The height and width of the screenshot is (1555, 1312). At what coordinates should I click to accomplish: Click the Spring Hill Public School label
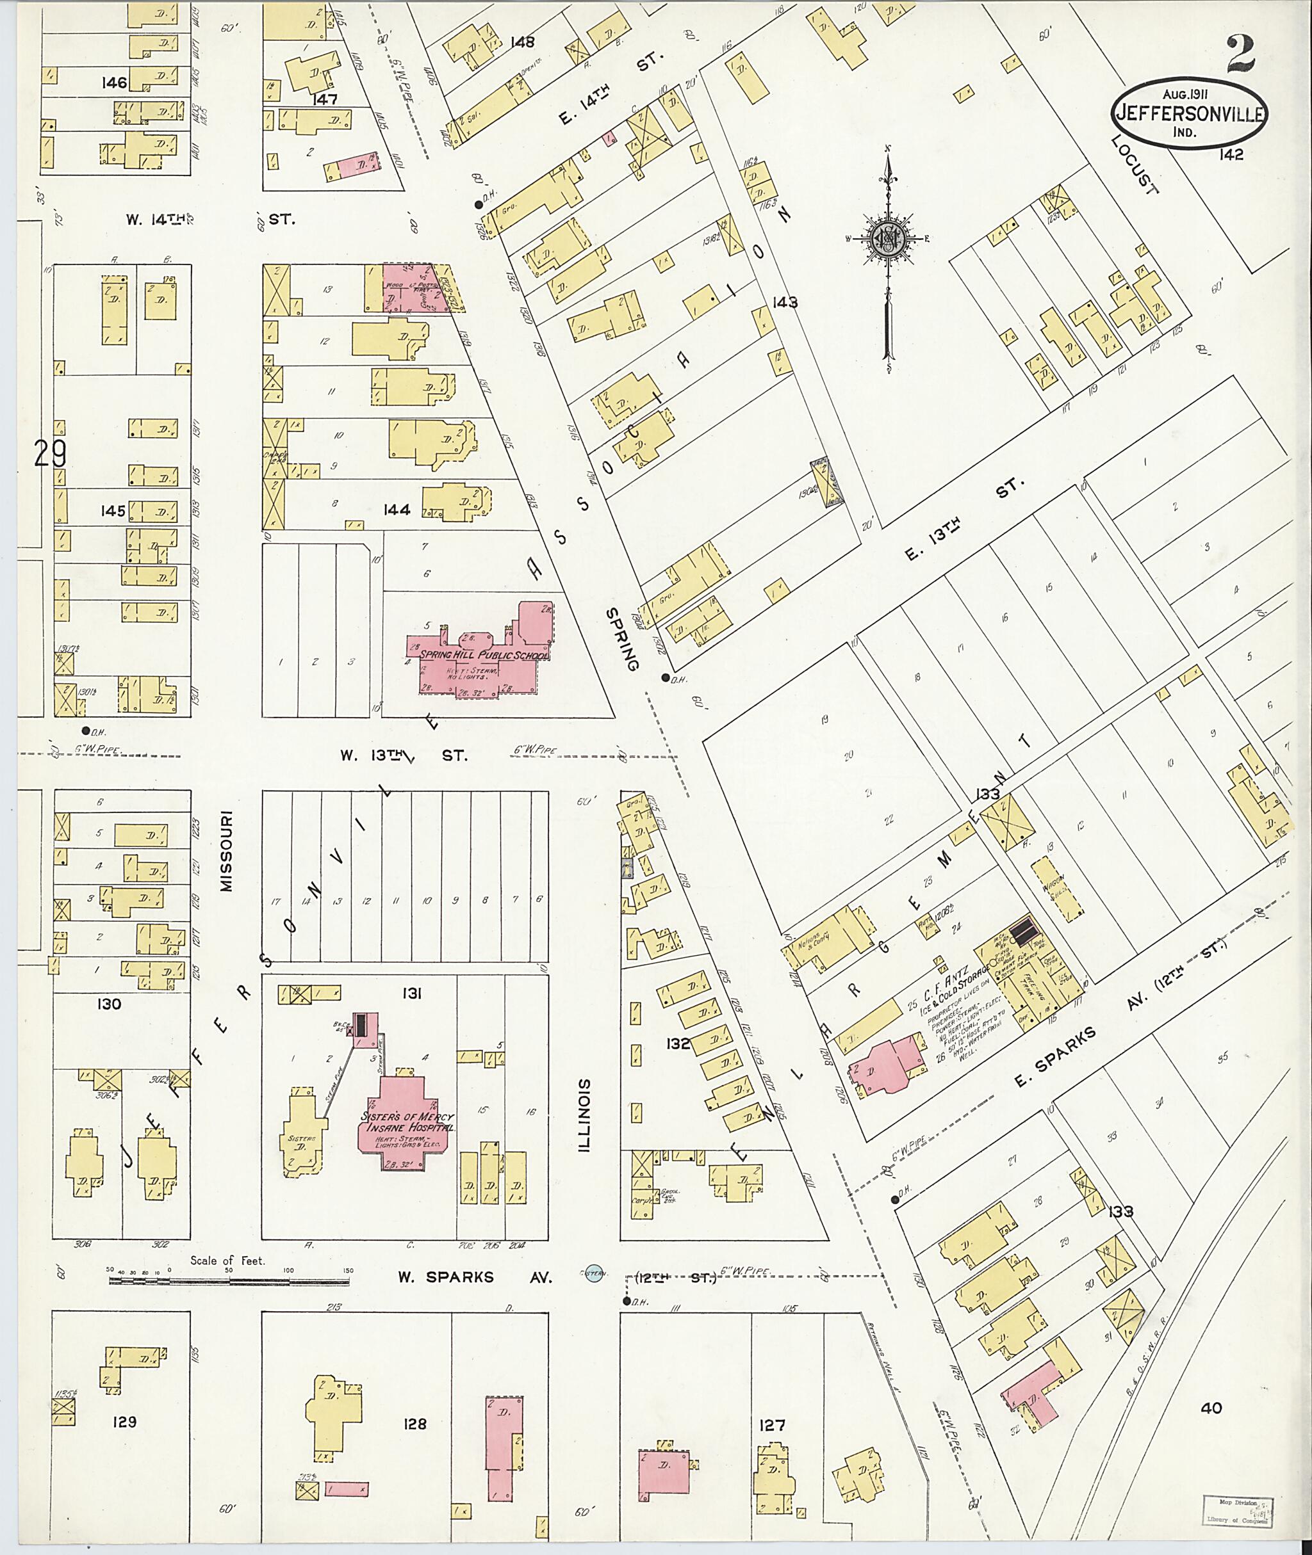pyautogui.click(x=484, y=655)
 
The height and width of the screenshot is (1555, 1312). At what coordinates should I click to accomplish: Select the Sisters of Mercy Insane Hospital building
pyautogui.click(x=406, y=1124)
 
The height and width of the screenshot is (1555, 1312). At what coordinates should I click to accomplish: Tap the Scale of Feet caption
pyautogui.click(x=227, y=1260)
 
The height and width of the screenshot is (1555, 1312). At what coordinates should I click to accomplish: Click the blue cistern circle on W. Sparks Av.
pyautogui.click(x=593, y=1273)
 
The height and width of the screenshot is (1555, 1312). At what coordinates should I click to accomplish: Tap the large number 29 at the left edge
pyautogui.click(x=51, y=454)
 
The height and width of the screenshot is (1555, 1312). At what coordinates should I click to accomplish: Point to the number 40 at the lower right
pyautogui.click(x=1211, y=1407)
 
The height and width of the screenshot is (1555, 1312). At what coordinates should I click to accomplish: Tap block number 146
pyautogui.click(x=115, y=83)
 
